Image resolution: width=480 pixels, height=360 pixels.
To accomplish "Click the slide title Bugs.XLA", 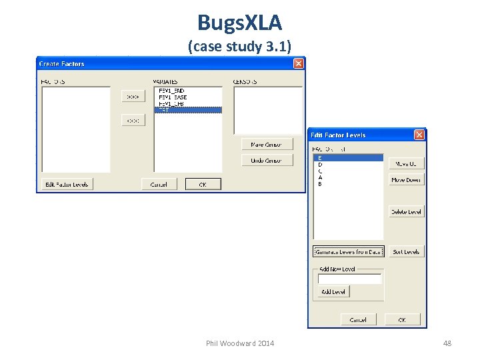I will point(239,23).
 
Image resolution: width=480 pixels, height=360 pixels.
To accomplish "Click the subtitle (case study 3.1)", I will point(239,47).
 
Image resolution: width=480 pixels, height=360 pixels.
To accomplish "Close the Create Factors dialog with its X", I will point(298,63).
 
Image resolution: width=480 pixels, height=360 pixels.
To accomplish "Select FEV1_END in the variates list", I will point(171,91).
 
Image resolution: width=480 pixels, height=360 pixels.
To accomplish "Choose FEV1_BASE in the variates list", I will point(173,97).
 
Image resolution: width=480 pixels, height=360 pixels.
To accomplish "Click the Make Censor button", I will point(267,144).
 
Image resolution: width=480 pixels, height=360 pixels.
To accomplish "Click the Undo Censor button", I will point(267,160).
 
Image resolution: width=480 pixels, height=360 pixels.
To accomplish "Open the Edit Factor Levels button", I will point(66,184).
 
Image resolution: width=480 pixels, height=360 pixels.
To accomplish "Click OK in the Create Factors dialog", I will point(203,184).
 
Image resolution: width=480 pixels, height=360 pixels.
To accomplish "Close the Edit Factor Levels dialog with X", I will point(419,135).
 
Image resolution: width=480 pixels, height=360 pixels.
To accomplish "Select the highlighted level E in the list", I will point(347,158).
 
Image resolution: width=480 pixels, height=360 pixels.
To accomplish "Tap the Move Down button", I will point(405,180).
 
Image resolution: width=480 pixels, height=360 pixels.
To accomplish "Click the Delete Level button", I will point(405,211).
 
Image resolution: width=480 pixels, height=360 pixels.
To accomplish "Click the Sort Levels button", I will point(405,251).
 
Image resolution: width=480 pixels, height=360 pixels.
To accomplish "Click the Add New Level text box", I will point(349,279).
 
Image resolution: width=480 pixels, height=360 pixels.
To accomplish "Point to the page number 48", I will point(447,343).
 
